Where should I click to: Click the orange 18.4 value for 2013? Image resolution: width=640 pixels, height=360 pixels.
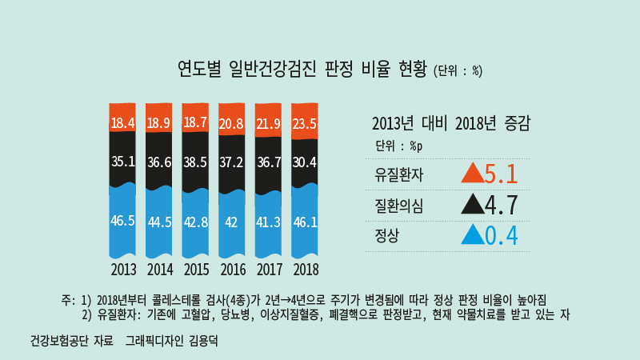(122, 123)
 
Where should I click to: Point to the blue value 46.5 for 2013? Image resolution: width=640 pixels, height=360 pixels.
(122, 221)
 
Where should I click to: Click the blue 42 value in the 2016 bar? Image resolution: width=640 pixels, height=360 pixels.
(231, 222)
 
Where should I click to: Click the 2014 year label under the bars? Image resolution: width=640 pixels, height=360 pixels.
(159, 269)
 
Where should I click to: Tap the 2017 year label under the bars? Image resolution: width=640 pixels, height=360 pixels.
(269, 269)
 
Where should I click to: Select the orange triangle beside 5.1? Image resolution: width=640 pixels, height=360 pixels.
(473, 174)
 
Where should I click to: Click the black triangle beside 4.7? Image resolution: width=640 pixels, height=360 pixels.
(473, 205)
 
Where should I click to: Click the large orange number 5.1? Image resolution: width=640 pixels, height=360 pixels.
(502, 174)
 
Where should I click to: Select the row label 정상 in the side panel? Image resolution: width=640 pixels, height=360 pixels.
(386, 236)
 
